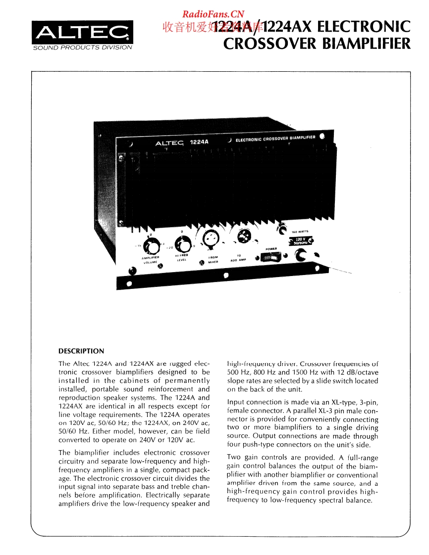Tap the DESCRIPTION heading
click(81, 351)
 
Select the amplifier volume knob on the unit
click(154, 245)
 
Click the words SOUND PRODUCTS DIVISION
click(82, 47)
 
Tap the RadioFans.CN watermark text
click(213, 14)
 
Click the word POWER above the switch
click(270, 249)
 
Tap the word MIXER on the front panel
click(214, 262)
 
